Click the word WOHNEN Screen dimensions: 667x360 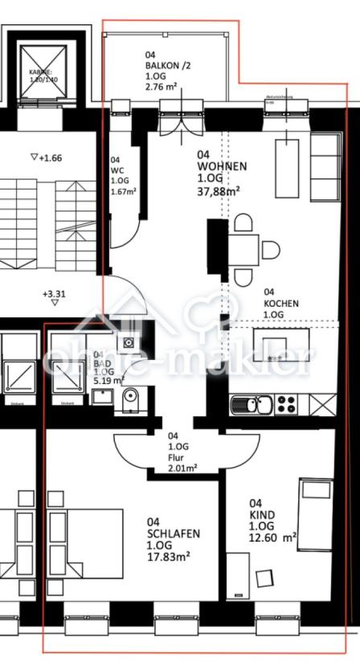[x=223, y=166]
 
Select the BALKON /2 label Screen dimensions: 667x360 [x=169, y=65]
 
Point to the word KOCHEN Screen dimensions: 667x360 [x=281, y=304]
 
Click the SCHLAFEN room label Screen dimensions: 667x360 [x=174, y=534]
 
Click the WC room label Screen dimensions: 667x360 [x=116, y=170]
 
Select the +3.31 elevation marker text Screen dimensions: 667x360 [x=54, y=294]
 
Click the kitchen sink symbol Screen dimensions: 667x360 [x=252, y=404]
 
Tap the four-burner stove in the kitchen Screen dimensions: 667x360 [x=287, y=404]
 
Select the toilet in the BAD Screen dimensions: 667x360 [x=130, y=397]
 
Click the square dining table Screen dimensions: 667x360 [x=243, y=251]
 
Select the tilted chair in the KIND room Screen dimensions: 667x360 [x=264, y=578]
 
